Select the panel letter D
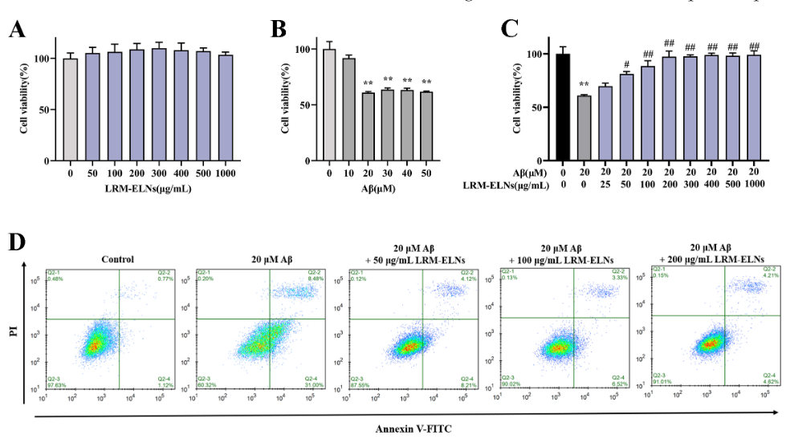[x=16, y=242]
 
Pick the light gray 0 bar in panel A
[x=71, y=110]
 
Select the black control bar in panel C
[x=563, y=107]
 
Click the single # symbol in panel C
[x=625, y=64]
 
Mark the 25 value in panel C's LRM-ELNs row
[x=605, y=185]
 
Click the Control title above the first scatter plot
[x=117, y=258]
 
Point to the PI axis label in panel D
[x=13, y=330]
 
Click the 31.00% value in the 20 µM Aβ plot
[x=315, y=386]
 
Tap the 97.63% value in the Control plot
[x=55, y=386]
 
